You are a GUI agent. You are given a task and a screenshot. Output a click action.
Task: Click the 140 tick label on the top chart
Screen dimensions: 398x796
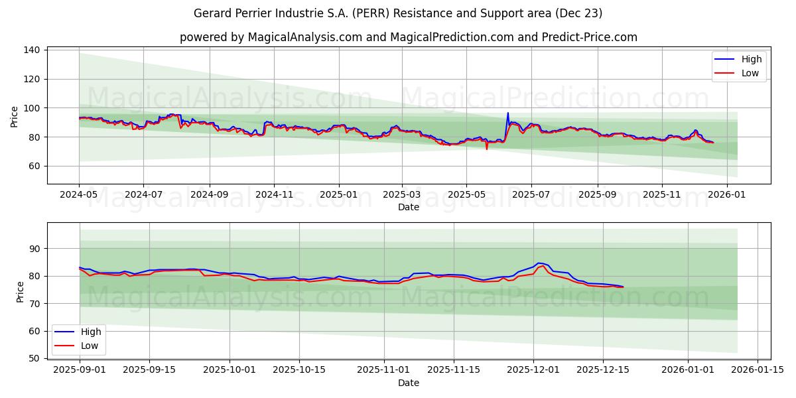(x=31, y=50)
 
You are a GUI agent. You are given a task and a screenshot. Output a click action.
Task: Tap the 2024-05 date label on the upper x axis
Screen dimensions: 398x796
(x=79, y=194)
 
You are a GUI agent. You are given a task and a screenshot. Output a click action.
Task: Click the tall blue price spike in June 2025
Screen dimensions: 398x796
(x=508, y=113)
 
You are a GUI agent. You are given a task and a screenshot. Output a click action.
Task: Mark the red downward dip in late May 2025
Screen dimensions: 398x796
(x=487, y=148)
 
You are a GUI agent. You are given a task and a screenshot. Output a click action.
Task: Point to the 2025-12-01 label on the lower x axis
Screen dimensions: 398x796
(x=533, y=369)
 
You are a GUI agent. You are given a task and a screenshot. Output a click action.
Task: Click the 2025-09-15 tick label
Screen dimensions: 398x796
(x=149, y=369)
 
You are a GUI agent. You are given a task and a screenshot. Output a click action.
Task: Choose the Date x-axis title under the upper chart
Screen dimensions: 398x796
(x=409, y=207)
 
